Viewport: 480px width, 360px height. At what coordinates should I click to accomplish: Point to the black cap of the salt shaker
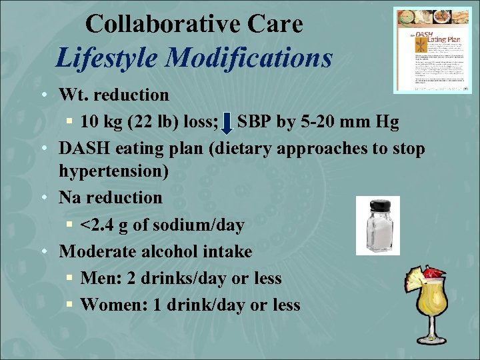pyautogui.click(x=377, y=205)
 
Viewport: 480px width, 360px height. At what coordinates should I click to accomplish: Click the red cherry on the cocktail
pyautogui.click(x=433, y=273)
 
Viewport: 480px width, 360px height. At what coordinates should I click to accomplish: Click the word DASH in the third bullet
pyautogui.click(x=83, y=148)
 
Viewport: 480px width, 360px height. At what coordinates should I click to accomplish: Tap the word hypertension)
pyautogui.click(x=113, y=171)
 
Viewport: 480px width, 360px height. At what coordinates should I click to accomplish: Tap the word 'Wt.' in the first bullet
pyautogui.click(x=71, y=95)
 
